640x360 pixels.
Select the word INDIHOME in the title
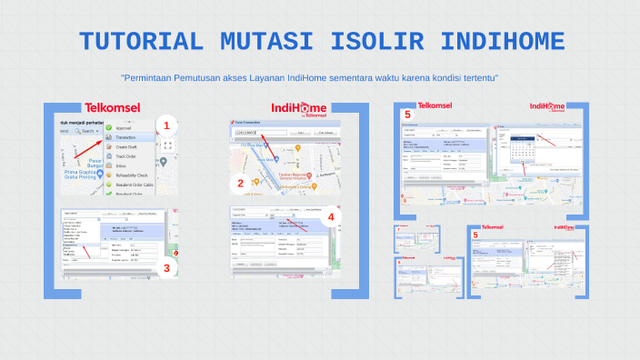pos(503,41)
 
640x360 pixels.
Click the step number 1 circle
pos(165,125)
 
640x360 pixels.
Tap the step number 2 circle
pos(240,183)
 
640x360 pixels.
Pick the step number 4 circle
pos(331,217)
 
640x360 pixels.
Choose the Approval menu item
pos(124,128)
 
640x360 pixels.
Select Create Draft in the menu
pos(126,147)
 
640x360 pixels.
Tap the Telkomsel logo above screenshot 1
pos(112,107)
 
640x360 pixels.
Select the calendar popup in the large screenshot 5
pos(523,149)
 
